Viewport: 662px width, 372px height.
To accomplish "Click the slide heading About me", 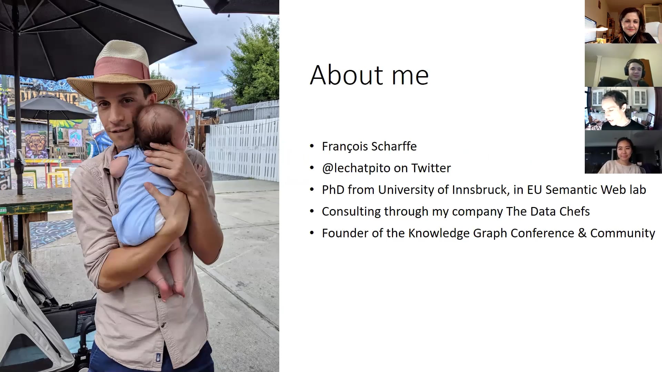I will [369, 75].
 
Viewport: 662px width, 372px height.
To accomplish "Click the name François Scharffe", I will [369, 146].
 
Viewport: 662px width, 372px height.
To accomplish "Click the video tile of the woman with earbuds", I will [623, 22].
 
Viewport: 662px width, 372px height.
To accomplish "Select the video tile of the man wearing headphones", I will [623, 65].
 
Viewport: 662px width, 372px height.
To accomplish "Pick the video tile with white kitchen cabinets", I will [623, 108].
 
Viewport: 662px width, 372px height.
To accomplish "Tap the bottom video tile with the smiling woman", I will [623, 152].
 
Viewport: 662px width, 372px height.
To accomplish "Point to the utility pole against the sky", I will [192, 96].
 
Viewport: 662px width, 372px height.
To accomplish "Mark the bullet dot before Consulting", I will [312, 211].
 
